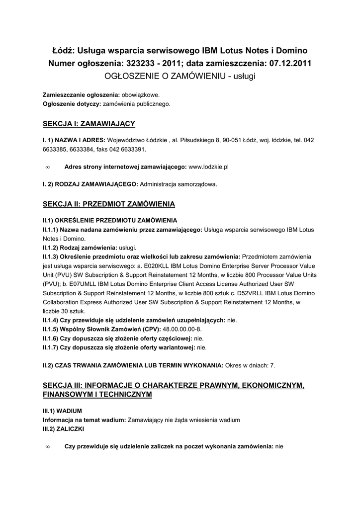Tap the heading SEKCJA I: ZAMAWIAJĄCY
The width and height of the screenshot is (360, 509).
point(89,123)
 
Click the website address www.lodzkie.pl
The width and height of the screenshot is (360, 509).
point(208,168)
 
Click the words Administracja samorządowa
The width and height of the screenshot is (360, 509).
point(179,184)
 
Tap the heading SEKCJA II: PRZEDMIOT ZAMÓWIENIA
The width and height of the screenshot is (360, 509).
point(109,204)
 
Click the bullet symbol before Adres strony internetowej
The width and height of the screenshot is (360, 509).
point(47,168)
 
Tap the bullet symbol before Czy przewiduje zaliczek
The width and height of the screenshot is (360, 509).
point(47,447)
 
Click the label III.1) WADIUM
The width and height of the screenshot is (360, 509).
point(62,411)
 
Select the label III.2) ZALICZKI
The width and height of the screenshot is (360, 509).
point(63,428)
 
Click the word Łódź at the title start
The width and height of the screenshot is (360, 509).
point(63,51)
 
